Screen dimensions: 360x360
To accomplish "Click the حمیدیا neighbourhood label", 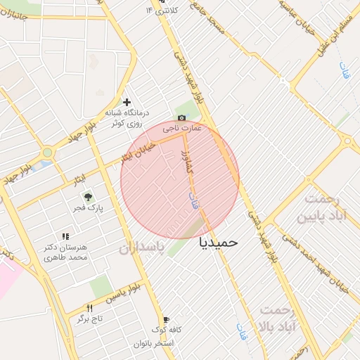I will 219,242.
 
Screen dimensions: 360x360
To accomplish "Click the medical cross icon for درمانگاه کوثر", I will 127,103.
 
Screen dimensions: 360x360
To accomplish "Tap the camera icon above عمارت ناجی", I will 182,118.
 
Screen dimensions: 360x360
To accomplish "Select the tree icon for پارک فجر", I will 88,198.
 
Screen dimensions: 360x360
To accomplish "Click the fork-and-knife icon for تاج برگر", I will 89,308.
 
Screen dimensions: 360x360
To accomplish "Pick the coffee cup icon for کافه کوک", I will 166,319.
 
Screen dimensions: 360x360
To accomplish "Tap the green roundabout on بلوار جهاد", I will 47,152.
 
